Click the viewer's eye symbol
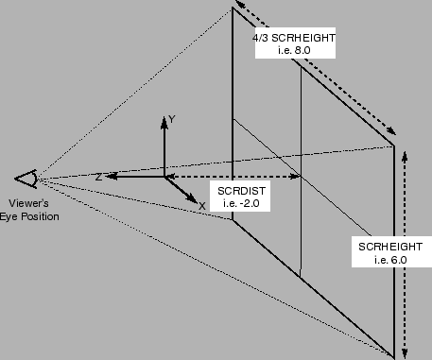pyautogui.click(x=26, y=178)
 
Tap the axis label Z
pyautogui.click(x=97, y=177)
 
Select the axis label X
pyautogui.click(x=201, y=204)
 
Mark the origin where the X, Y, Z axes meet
pyautogui.click(x=164, y=177)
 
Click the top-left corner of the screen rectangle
pyautogui.click(x=233, y=9)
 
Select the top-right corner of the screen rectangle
pyautogui.click(x=393, y=146)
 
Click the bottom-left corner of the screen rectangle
pyautogui.click(x=233, y=220)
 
